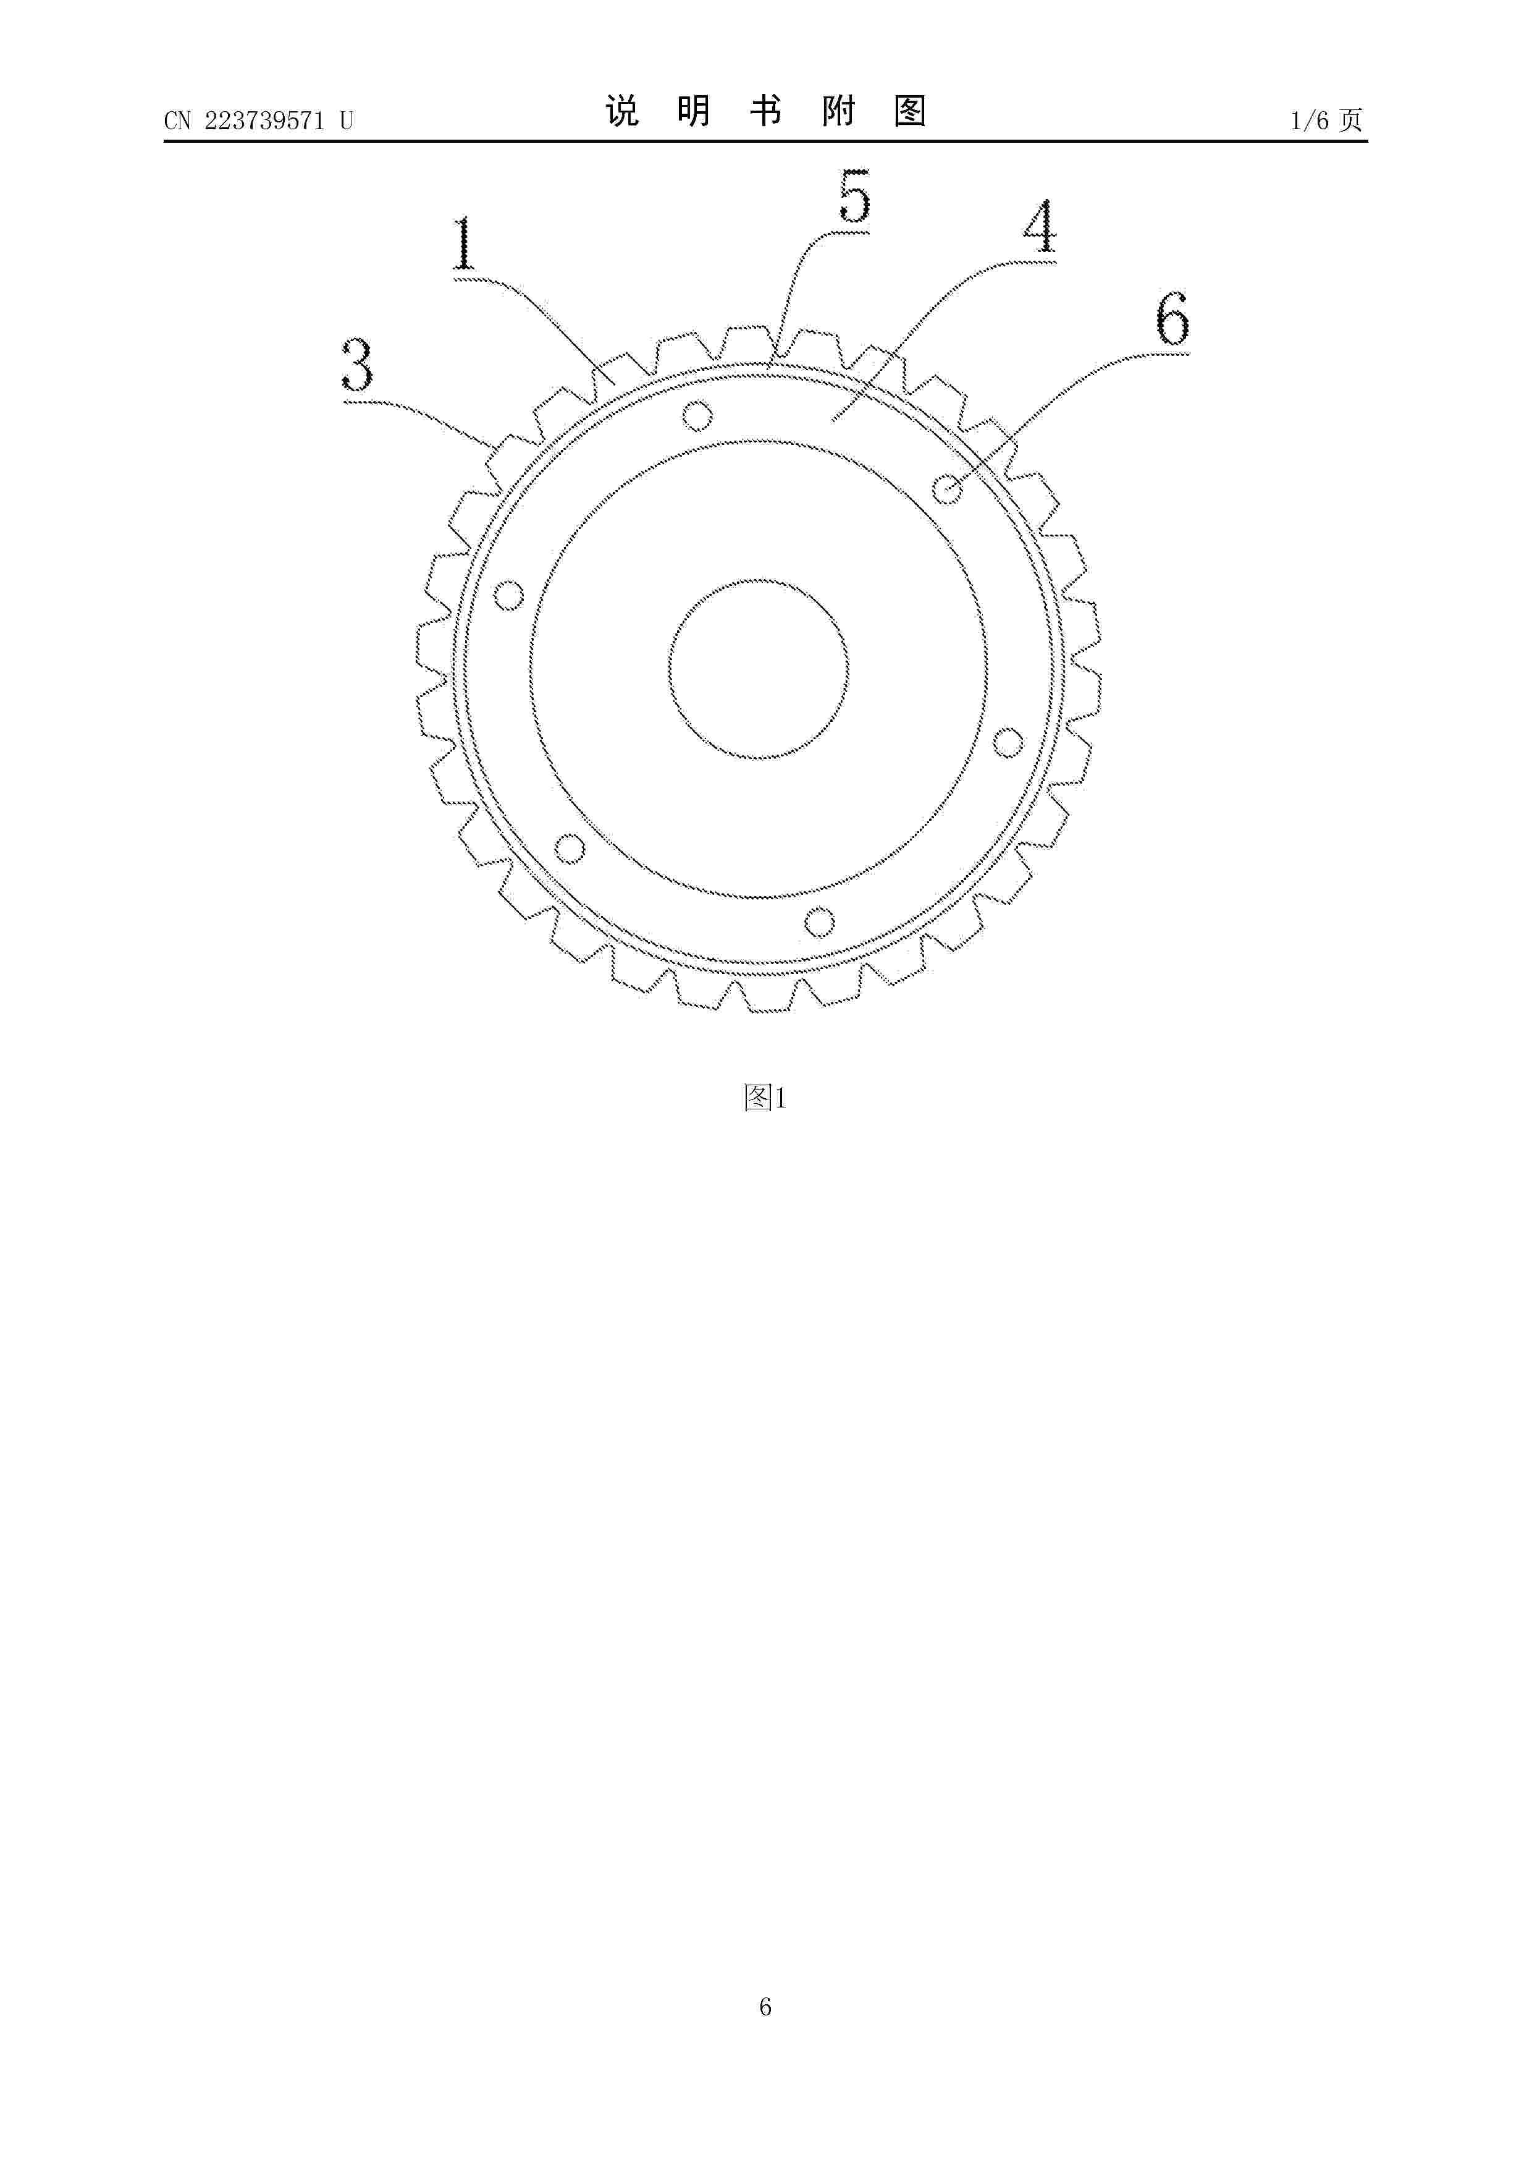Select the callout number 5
click(x=854, y=197)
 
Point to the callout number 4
click(x=1040, y=227)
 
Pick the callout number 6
click(x=1172, y=319)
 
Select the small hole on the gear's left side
click(x=510, y=595)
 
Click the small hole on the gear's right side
click(x=1008, y=742)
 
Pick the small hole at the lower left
click(x=569, y=848)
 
